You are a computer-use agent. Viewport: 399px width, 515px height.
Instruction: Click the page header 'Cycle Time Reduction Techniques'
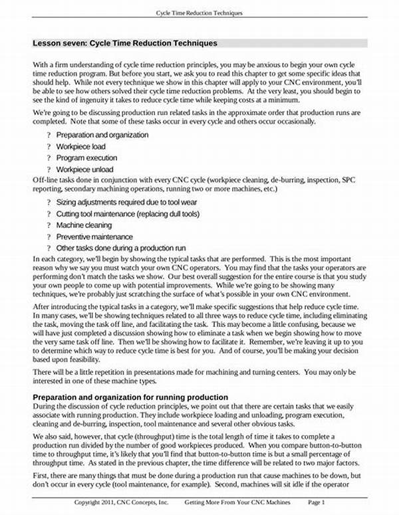(199, 13)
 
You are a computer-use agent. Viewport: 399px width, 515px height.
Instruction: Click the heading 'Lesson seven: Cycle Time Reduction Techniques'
(125, 43)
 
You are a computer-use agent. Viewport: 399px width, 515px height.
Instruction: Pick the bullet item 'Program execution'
(86, 158)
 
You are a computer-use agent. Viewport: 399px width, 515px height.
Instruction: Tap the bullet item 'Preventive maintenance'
(94, 237)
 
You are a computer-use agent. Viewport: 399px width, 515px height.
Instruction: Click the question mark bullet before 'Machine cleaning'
(49, 225)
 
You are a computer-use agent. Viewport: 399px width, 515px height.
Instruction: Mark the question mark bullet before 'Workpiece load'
(49, 146)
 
